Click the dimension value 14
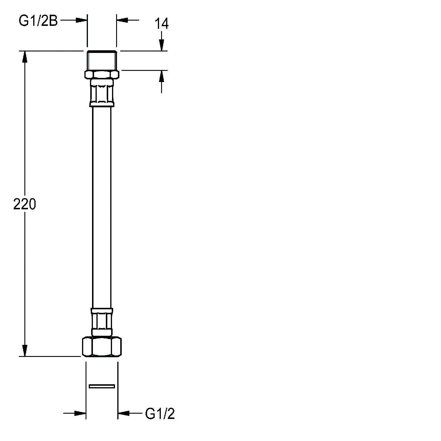coord(161,24)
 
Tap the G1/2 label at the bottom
coord(160,414)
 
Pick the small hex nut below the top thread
coord(102,74)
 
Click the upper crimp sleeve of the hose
coord(102,93)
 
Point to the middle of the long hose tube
coord(102,206)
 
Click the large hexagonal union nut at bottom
coord(102,347)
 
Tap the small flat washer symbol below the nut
coord(102,386)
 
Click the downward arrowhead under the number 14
coord(161,46)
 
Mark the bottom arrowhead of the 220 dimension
coord(25,351)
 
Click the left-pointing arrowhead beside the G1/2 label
coord(123,413)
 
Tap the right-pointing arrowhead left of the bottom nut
coord(80,413)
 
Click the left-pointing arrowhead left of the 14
coord(122,20)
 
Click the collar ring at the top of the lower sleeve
coord(102,311)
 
